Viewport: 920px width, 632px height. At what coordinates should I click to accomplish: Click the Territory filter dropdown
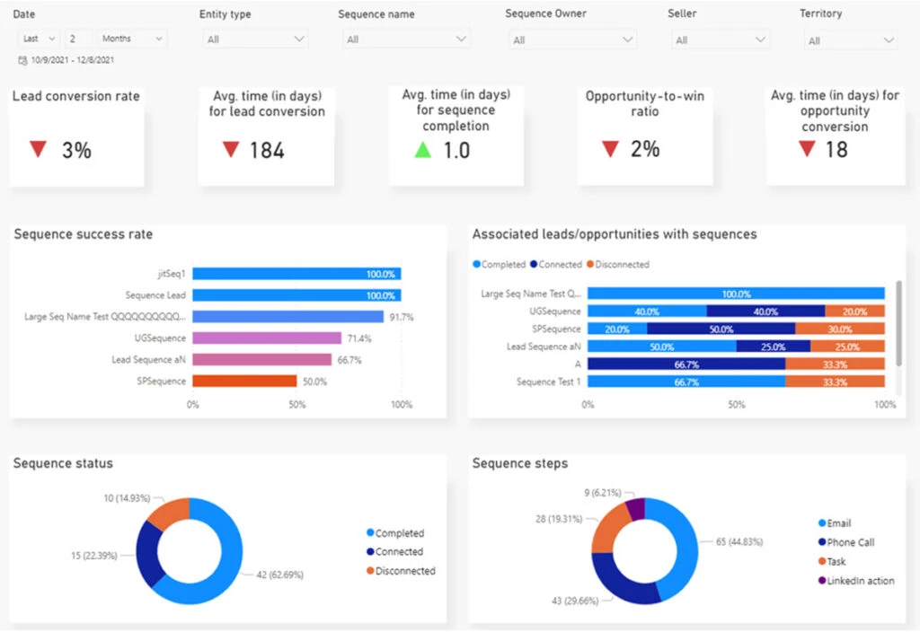click(x=849, y=40)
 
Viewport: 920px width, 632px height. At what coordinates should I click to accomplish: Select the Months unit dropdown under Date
click(x=133, y=39)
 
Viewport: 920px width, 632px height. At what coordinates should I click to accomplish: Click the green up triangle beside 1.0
click(x=422, y=150)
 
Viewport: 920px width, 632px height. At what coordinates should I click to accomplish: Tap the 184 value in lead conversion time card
click(x=267, y=150)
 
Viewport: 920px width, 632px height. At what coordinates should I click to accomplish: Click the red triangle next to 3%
click(x=38, y=150)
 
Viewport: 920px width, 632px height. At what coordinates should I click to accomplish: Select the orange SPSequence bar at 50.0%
click(x=244, y=381)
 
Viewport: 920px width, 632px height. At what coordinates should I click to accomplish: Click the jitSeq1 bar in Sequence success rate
click(x=296, y=274)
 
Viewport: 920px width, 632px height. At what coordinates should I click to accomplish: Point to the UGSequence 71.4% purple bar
click(x=267, y=338)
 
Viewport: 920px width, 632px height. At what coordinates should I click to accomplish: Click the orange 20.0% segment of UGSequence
click(x=854, y=312)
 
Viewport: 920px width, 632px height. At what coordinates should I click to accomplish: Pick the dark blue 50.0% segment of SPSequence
click(x=721, y=329)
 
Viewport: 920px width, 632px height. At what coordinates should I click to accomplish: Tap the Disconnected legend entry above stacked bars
click(x=617, y=265)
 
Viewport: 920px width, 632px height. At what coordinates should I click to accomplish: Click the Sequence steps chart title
click(x=520, y=463)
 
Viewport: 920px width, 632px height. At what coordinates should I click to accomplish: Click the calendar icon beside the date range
click(x=22, y=60)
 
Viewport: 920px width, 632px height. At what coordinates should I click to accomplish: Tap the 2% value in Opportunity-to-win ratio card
click(x=645, y=149)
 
